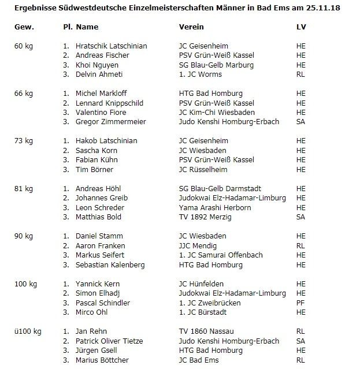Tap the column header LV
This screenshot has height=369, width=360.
300,27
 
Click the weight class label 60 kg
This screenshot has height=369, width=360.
24,46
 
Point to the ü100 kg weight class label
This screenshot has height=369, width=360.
28,331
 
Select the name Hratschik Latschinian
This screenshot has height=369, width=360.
112,46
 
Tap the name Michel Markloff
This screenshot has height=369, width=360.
102,93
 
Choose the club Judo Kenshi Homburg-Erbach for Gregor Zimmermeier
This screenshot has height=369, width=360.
229,122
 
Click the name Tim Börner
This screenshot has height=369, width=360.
95,169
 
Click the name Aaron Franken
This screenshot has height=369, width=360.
99,245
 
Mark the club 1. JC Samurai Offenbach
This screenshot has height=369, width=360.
221,255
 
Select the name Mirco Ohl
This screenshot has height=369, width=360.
93,312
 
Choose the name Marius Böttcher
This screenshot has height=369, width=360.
102,360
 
